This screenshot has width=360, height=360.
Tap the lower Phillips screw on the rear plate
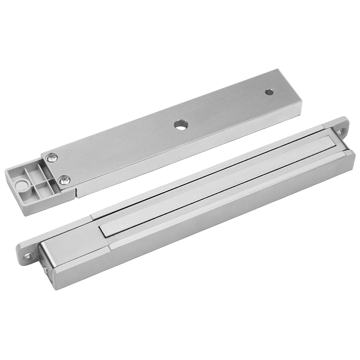(64, 180)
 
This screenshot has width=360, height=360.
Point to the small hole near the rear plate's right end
(269, 92)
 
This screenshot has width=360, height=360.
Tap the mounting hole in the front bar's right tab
(341, 131)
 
